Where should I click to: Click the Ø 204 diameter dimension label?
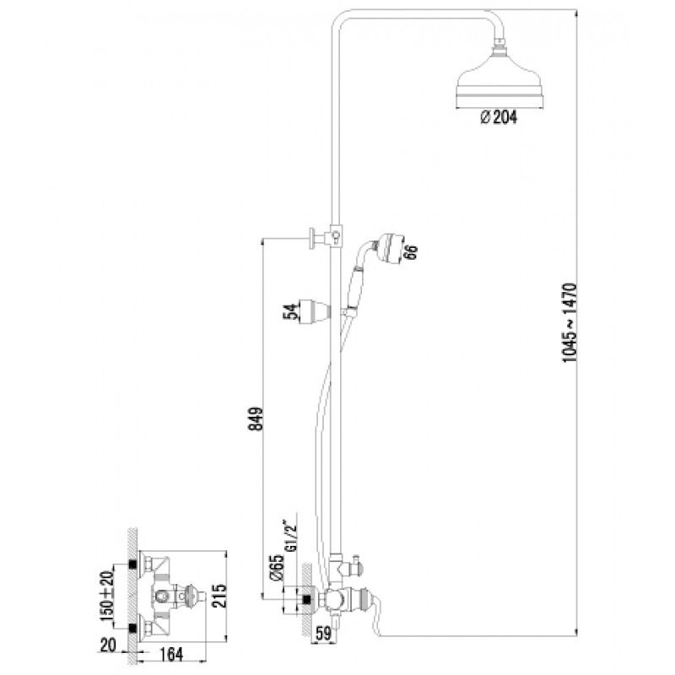[499, 117]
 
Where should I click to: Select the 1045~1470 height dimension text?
[570, 322]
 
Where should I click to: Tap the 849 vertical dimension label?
[256, 418]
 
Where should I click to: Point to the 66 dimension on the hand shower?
[411, 252]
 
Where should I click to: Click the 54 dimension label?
[290, 311]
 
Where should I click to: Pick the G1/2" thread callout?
[291, 536]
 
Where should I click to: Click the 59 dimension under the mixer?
[323, 634]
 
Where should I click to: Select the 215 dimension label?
[220, 596]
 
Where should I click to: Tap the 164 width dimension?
[171, 655]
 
